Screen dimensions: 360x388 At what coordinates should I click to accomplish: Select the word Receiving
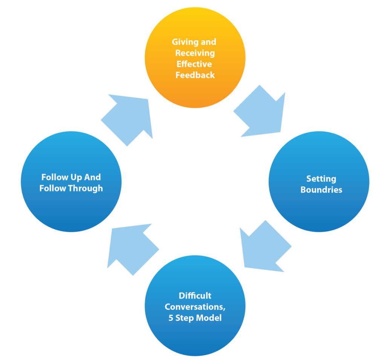(195, 53)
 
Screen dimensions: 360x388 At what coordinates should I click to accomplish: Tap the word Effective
(194, 64)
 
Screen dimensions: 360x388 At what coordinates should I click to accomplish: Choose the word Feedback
(195, 75)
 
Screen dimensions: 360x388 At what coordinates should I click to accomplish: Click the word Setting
(321, 179)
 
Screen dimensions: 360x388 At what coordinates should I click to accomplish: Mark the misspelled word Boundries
(321, 190)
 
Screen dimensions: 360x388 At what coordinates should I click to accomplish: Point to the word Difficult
(195, 296)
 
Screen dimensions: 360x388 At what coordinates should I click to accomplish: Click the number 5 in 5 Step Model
(171, 318)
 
